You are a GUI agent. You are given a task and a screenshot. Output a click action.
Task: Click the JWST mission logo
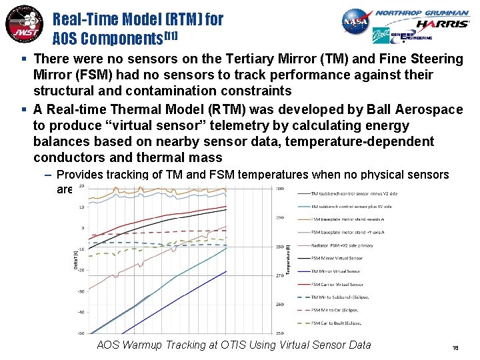[22, 25]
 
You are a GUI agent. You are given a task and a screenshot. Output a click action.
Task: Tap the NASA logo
[355, 23]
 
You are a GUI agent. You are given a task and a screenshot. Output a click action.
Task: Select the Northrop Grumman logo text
[421, 12]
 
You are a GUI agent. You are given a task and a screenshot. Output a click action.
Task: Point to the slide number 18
[455, 347]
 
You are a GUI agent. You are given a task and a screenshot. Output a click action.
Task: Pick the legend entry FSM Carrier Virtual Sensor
[337, 284]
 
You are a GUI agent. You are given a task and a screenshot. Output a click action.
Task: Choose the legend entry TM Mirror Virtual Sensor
[336, 271]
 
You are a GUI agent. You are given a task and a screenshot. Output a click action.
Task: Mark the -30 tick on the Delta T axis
[81, 291]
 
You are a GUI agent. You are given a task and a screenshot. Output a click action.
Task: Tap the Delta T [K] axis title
[76, 261]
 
